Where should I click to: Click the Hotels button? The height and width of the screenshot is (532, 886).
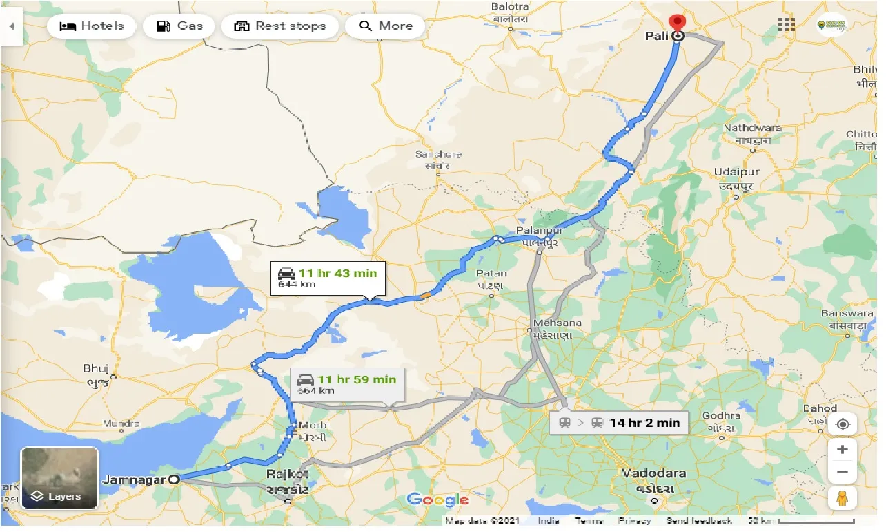92,26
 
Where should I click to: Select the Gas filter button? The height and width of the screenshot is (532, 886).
179,26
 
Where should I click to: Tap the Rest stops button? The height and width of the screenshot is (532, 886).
279,26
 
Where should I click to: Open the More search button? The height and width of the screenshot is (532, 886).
386,26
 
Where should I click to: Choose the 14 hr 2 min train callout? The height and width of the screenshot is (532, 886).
619,423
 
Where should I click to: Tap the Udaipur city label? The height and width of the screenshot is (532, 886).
736,171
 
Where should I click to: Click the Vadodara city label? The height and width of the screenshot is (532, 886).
653,473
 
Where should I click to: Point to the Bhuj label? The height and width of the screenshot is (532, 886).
96,368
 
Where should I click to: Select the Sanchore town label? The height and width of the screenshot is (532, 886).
438,154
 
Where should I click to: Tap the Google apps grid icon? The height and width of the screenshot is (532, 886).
786,25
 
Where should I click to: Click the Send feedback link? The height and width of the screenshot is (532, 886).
699,521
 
